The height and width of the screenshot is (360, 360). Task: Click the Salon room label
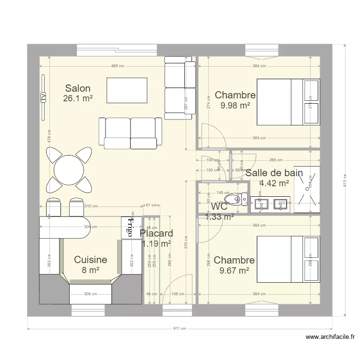(78, 88)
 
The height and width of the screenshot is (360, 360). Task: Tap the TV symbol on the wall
(43, 97)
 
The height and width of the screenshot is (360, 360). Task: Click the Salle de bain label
(274, 173)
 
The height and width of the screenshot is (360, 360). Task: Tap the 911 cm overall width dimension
(179, 329)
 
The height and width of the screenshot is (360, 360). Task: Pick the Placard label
(156, 234)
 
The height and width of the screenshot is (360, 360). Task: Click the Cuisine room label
(90, 260)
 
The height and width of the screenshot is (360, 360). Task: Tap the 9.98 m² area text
(235, 105)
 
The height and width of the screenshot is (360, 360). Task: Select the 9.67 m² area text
(234, 270)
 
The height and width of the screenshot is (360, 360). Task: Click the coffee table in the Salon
(127, 89)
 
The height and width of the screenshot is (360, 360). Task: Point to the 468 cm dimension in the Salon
(115, 66)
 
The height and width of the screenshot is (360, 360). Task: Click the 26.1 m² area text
(77, 98)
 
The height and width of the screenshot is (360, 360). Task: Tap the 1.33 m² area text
(219, 216)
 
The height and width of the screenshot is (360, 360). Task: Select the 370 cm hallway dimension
(186, 244)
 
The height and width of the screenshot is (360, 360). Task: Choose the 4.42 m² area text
(274, 183)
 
